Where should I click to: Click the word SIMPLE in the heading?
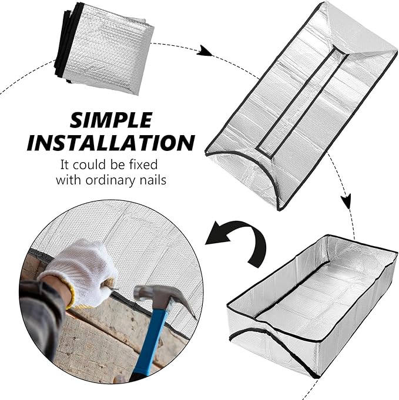click(x=110, y=120)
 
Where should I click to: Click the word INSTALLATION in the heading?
click(x=110, y=143)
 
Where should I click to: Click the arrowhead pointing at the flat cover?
click(x=204, y=51)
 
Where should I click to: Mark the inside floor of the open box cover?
click(x=317, y=294)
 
